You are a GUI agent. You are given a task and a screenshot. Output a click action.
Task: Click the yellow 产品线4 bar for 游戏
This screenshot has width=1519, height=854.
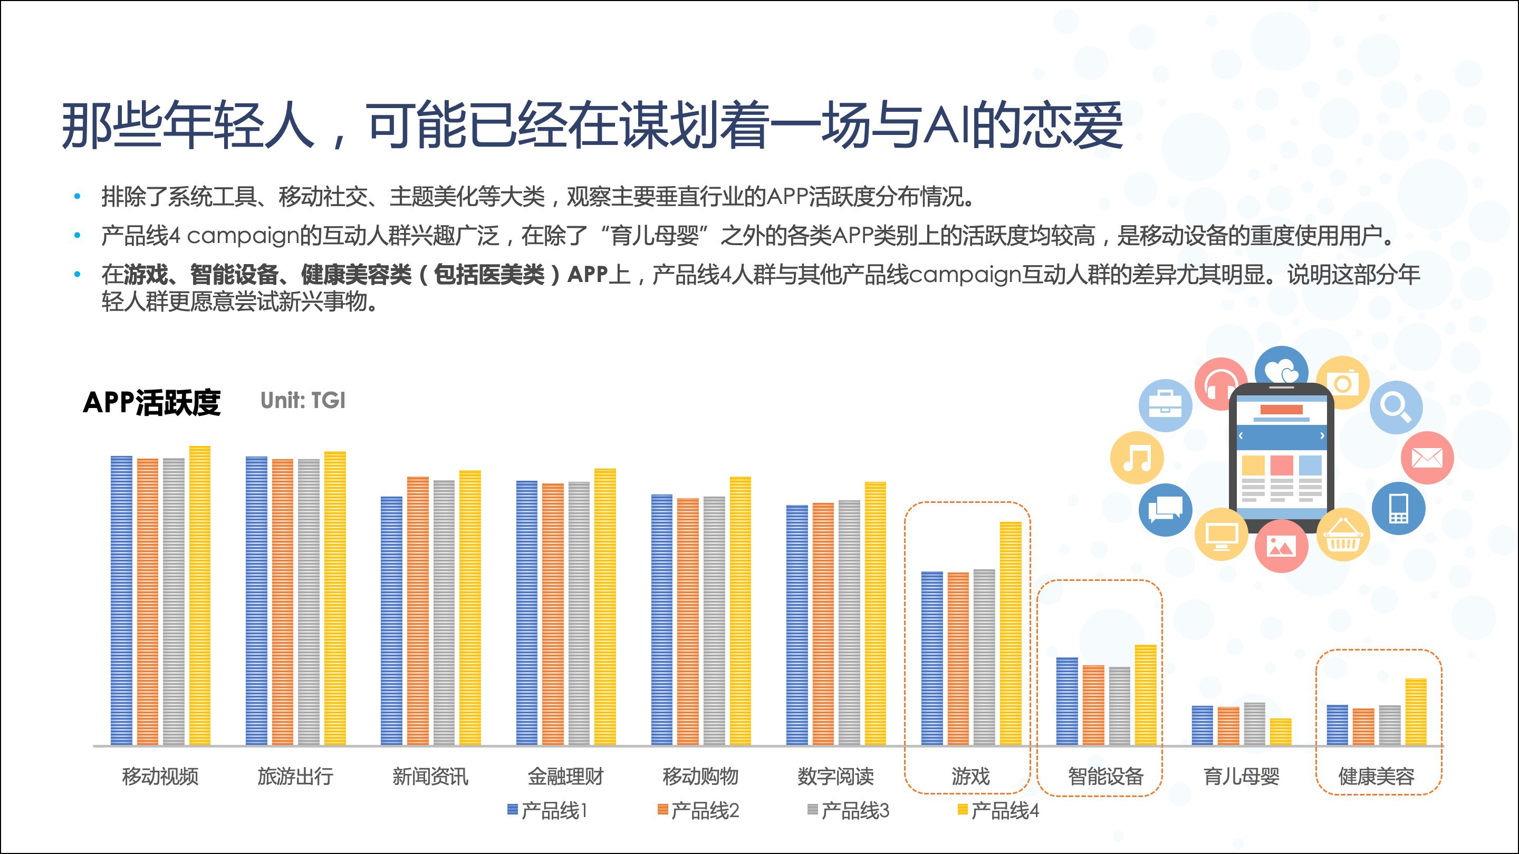[1010, 634]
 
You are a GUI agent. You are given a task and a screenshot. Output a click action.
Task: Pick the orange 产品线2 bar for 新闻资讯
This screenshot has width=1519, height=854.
[418, 610]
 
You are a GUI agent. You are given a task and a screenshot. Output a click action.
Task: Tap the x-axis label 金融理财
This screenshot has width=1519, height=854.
[565, 776]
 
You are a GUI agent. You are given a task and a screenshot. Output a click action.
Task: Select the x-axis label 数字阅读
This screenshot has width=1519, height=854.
[835, 776]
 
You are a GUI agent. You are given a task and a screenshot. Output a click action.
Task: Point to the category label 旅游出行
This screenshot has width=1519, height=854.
[295, 776]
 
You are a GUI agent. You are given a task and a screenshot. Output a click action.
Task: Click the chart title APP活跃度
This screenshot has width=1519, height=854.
[151, 403]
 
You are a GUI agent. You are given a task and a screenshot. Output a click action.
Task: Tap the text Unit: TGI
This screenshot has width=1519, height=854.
[303, 401]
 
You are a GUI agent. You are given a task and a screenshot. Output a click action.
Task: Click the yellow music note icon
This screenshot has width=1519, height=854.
[1136, 458]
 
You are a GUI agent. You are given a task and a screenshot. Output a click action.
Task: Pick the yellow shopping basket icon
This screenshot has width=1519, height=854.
[1343, 535]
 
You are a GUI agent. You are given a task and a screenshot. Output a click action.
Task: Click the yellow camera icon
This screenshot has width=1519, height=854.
[1343, 384]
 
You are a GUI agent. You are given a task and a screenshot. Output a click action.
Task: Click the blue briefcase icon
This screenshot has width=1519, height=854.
[1165, 405]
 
